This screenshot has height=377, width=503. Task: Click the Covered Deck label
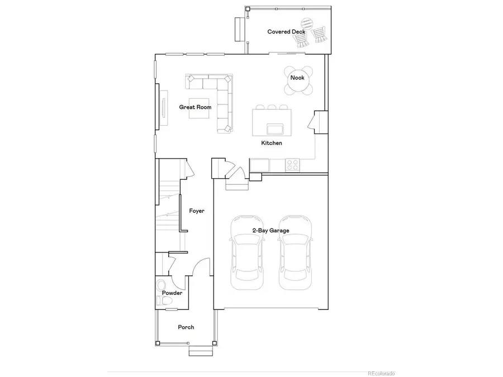pyautogui.click(x=286, y=32)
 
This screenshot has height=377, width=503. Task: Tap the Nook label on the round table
pyautogui.click(x=297, y=78)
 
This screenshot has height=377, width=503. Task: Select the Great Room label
pyautogui.click(x=194, y=107)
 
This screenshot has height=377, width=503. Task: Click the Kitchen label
pyautogui.click(x=272, y=144)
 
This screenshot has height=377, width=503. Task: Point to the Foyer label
pyautogui.click(x=196, y=211)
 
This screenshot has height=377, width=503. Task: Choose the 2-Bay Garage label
pyautogui.click(x=271, y=231)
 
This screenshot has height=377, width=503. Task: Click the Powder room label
pyautogui.click(x=172, y=293)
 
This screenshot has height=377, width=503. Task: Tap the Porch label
pyautogui.click(x=186, y=327)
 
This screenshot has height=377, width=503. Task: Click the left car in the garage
pyautogui.click(x=246, y=252)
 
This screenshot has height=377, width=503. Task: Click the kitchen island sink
pyautogui.click(x=275, y=130)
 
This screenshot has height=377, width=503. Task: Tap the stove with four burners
pyautogui.click(x=292, y=165)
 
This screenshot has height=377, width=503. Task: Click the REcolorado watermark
pyautogui.click(x=381, y=373)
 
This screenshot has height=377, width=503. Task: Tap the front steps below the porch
pyautogui.click(x=198, y=351)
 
